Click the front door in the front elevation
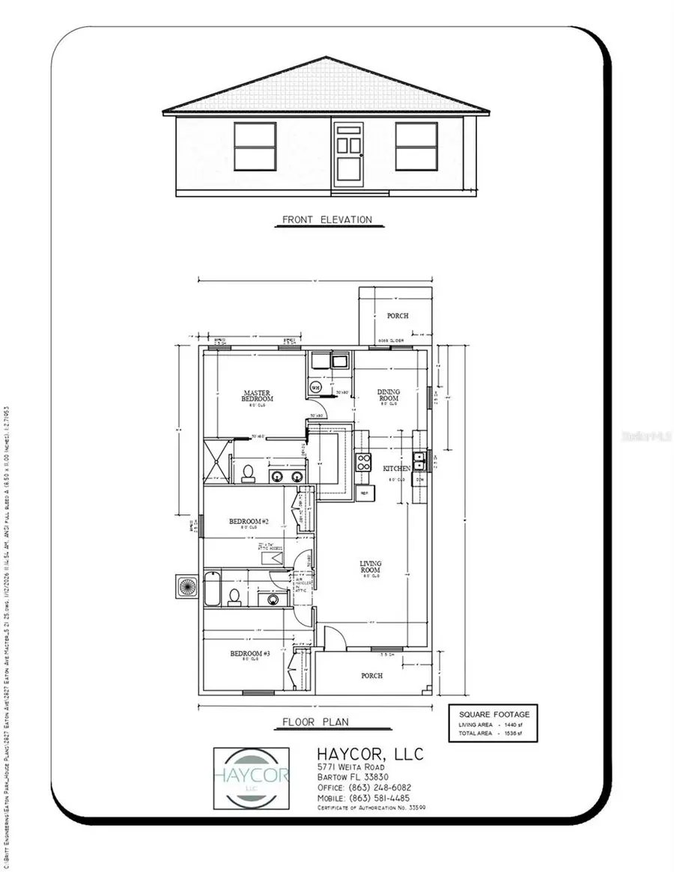coord(348,152)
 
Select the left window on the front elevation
coord(255,145)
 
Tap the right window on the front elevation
coord(416,145)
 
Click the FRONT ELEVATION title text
coord(327,220)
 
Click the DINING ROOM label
coord(389,395)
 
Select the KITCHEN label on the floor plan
coord(397,468)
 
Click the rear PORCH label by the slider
coord(398,316)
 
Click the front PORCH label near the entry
coord(371,675)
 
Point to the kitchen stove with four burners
coord(363,462)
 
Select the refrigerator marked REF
coord(365,493)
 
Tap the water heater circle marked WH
coord(316,387)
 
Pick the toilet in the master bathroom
coord(247,473)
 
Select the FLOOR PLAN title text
coord(315,722)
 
